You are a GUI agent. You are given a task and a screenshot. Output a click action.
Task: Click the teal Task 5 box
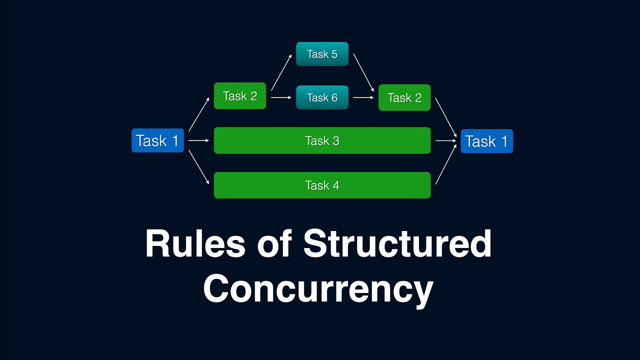(322, 54)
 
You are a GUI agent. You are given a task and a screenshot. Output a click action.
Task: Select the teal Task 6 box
(322, 97)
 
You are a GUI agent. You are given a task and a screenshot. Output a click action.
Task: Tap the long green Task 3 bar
(322, 140)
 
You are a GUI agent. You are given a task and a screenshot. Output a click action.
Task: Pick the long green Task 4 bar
(322, 185)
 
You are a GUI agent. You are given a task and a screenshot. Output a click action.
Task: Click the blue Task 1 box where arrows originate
(157, 140)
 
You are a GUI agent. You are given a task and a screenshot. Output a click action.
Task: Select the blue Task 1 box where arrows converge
(486, 141)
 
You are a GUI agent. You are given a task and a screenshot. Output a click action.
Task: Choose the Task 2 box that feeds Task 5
(240, 96)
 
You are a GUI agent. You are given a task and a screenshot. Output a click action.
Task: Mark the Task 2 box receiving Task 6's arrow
(404, 97)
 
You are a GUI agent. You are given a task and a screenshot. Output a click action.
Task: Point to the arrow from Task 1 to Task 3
(199, 140)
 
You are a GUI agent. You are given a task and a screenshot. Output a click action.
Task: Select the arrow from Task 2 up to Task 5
(281, 73)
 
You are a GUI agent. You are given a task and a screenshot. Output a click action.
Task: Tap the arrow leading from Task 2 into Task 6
(281, 97)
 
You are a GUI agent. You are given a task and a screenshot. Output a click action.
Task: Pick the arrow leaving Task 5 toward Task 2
(363, 73)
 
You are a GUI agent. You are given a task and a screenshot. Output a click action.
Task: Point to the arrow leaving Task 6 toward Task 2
(363, 97)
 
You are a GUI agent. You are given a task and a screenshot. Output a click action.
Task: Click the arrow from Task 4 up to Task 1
(446, 164)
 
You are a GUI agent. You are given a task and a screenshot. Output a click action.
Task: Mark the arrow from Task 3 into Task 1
(446, 140)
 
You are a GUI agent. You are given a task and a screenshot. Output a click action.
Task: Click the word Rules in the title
(195, 244)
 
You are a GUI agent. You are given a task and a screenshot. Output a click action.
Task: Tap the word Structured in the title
(397, 244)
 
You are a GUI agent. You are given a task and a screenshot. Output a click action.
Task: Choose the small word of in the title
(274, 244)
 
